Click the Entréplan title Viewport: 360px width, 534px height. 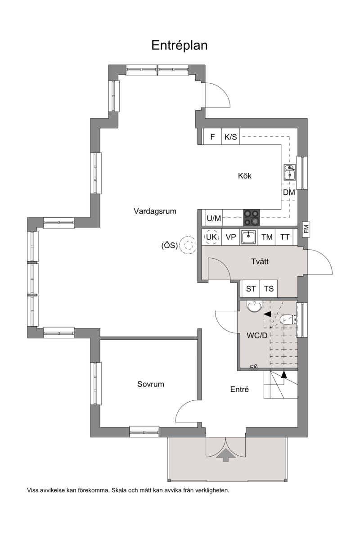[180, 45]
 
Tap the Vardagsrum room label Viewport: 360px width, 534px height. [155, 211]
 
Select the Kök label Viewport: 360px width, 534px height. [244, 176]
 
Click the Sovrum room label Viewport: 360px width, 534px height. [151, 384]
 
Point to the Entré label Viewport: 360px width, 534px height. [239, 389]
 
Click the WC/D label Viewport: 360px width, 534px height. [257, 336]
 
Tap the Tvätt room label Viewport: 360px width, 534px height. [260, 261]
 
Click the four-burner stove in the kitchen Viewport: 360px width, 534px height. [252, 218]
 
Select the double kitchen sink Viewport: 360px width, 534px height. [290, 172]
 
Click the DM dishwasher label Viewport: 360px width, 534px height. [289, 193]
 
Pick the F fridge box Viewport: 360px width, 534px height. [212, 137]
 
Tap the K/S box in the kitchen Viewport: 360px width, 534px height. [230, 137]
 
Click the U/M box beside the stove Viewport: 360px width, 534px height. [214, 218]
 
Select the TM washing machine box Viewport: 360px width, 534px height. [267, 237]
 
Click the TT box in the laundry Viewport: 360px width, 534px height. [285, 237]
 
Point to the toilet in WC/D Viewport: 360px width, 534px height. [287, 319]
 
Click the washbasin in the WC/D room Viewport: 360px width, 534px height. [254, 306]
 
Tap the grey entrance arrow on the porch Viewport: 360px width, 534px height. [225, 455]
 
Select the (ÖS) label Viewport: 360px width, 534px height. [169, 245]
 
